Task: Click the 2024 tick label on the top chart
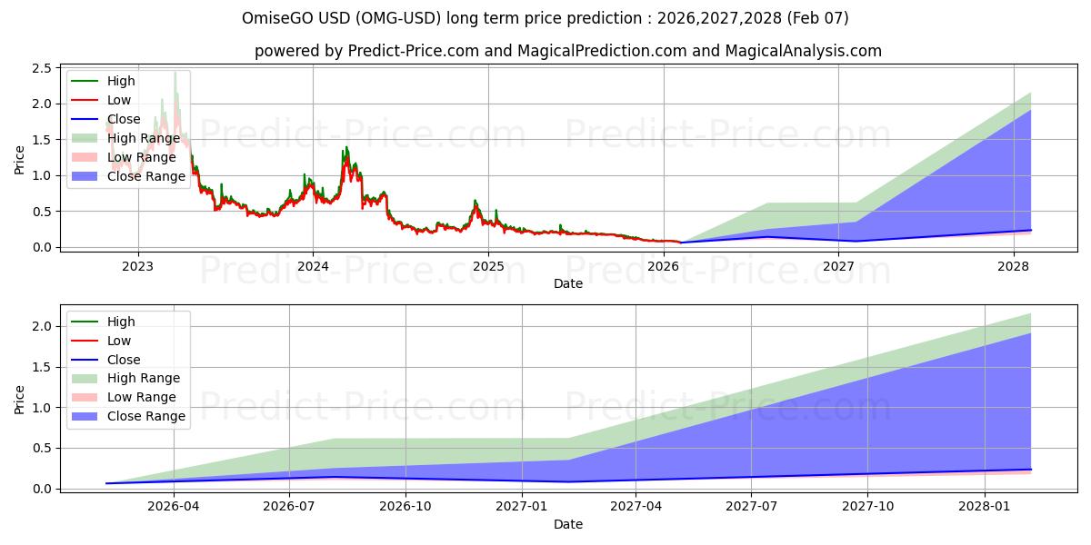pyautogui.click(x=313, y=267)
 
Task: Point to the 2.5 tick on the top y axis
pyautogui.click(x=41, y=68)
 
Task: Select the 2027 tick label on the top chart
pyautogui.click(x=838, y=267)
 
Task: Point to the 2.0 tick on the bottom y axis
pyautogui.click(x=41, y=327)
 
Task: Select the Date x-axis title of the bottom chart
pyautogui.click(x=568, y=524)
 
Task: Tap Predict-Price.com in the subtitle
pyautogui.click(x=415, y=51)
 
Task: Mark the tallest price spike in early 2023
pyautogui.click(x=175, y=73)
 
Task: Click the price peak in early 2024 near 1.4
pyautogui.click(x=345, y=147)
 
